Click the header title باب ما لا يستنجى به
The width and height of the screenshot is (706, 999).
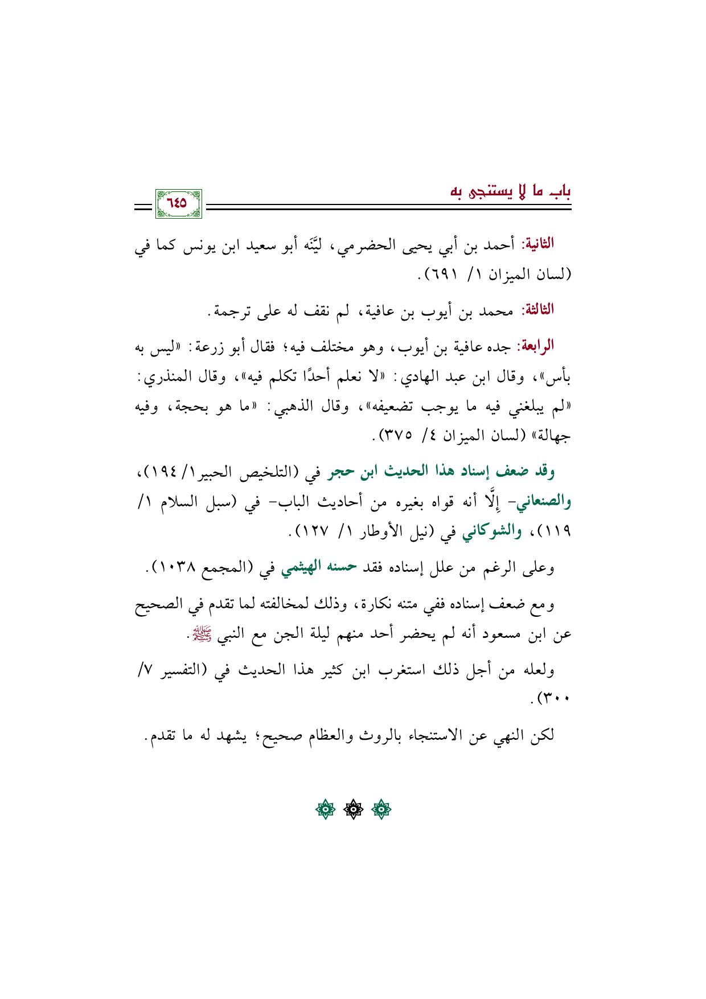pyautogui.click(x=510, y=191)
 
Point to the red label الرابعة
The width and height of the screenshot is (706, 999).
pyautogui.click(x=536, y=347)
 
